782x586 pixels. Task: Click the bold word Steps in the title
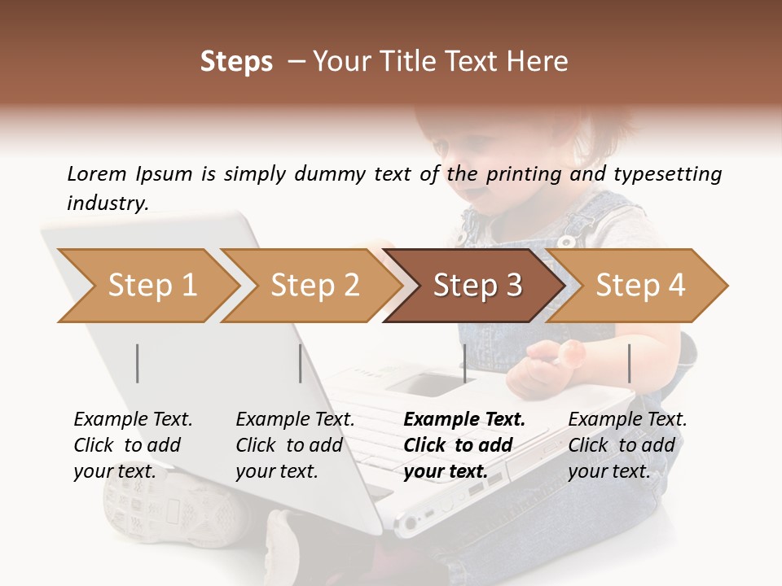point(236,62)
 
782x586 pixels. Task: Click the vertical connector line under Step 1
point(138,363)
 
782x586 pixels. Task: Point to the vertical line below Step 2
point(301,363)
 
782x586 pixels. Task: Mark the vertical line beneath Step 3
point(464,363)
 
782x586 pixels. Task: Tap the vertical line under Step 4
point(629,363)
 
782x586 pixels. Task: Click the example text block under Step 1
point(133,445)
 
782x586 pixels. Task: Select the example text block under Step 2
point(295,445)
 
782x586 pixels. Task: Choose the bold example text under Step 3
point(464,445)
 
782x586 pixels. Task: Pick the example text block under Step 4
point(627,445)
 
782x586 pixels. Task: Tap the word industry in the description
point(107,203)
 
